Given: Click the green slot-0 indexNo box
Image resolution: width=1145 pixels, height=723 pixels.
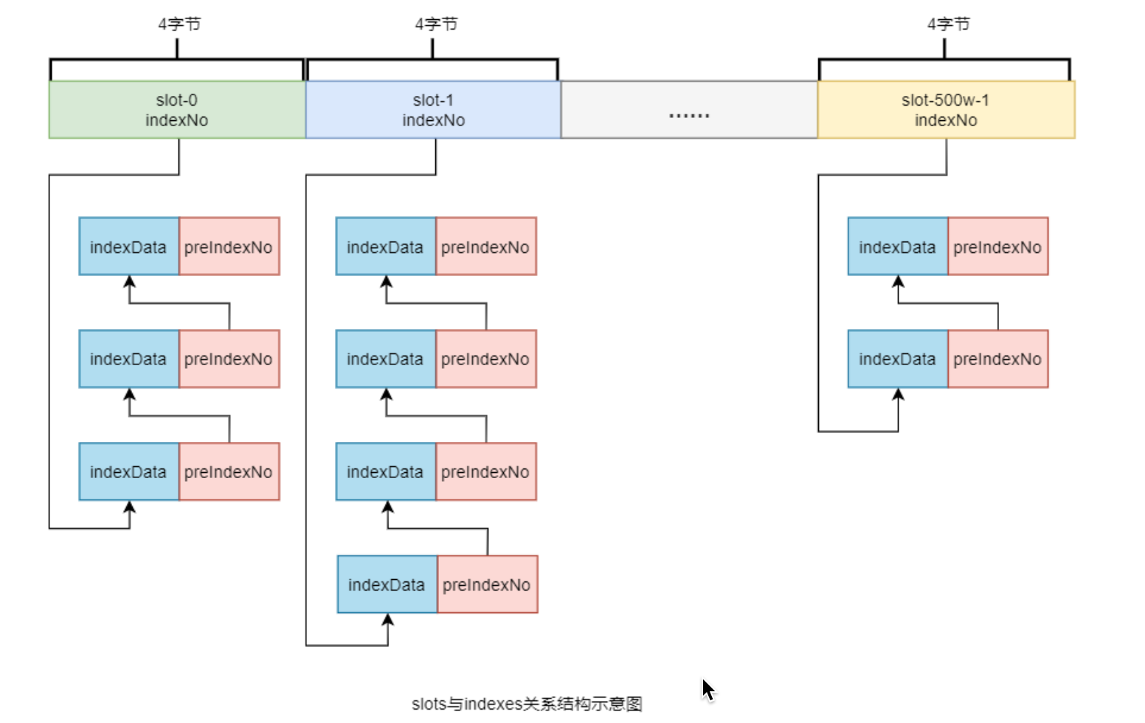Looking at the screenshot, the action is pos(177,109).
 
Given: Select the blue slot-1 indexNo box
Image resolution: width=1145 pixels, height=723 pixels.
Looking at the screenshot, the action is pos(434,109).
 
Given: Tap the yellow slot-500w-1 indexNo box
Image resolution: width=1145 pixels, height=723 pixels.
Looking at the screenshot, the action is pos(946,109).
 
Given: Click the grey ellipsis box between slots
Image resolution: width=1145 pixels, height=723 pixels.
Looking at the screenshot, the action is pos(689,109).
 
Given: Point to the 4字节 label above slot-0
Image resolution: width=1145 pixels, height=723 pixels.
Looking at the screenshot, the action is pos(179,24).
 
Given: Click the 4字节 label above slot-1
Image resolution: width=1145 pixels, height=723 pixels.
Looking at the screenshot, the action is pos(436,24).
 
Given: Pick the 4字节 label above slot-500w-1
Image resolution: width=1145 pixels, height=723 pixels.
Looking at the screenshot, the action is pos(949,24).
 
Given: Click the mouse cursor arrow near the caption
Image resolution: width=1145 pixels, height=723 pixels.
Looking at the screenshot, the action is pos(708,690).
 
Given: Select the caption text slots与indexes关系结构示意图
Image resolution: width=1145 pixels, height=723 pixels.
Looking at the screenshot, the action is pos(527,704).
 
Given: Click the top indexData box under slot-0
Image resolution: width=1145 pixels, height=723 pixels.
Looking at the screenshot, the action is pos(129,246).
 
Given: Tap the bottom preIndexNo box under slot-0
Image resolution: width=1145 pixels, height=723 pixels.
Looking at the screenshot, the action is pos(229,471).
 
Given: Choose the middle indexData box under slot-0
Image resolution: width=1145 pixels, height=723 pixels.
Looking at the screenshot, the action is pos(129,359).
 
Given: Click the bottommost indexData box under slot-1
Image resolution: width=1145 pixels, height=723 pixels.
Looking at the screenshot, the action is pos(387,584).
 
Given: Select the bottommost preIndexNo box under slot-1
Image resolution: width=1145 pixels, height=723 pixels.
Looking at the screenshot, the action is pos(488,584).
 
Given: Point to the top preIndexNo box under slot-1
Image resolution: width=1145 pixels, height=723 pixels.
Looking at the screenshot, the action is pos(486,246).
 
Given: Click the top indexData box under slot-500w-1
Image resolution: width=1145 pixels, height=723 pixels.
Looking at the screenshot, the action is pos(898,246).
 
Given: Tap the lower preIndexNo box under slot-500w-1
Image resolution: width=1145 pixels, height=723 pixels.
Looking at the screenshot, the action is pos(998,359).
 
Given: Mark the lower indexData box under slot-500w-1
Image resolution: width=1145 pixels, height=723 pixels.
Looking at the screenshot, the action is pos(898,359).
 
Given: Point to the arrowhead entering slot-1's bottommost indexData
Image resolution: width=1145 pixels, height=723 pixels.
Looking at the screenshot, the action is pos(388,619).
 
